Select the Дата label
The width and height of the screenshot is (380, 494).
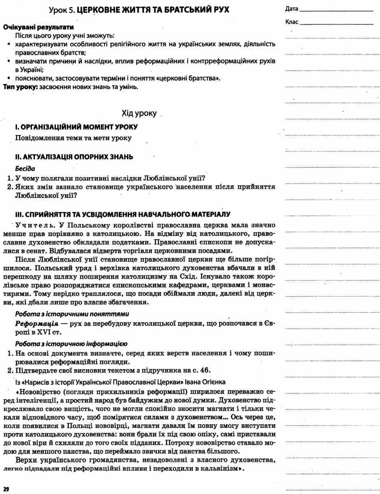(291, 9)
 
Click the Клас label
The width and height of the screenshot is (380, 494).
(291, 22)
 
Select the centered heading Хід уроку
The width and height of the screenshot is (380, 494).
(139, 113)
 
